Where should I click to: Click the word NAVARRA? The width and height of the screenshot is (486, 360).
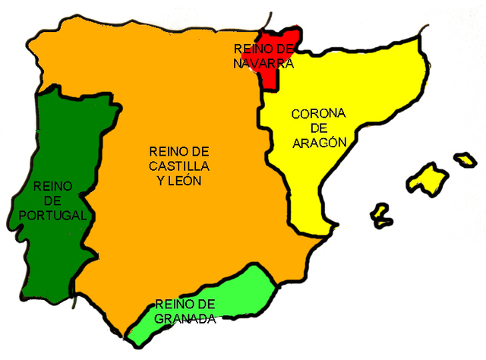263,63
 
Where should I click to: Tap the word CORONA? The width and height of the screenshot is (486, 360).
318,114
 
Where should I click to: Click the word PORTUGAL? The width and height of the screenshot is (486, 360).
52,216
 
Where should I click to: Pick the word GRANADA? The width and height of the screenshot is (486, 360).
185,319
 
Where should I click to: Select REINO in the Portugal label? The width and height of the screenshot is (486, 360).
52,186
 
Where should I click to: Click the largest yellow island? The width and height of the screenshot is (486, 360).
426,179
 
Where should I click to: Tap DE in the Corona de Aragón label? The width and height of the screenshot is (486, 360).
318,128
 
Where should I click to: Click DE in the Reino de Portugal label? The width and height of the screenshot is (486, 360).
52,201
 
